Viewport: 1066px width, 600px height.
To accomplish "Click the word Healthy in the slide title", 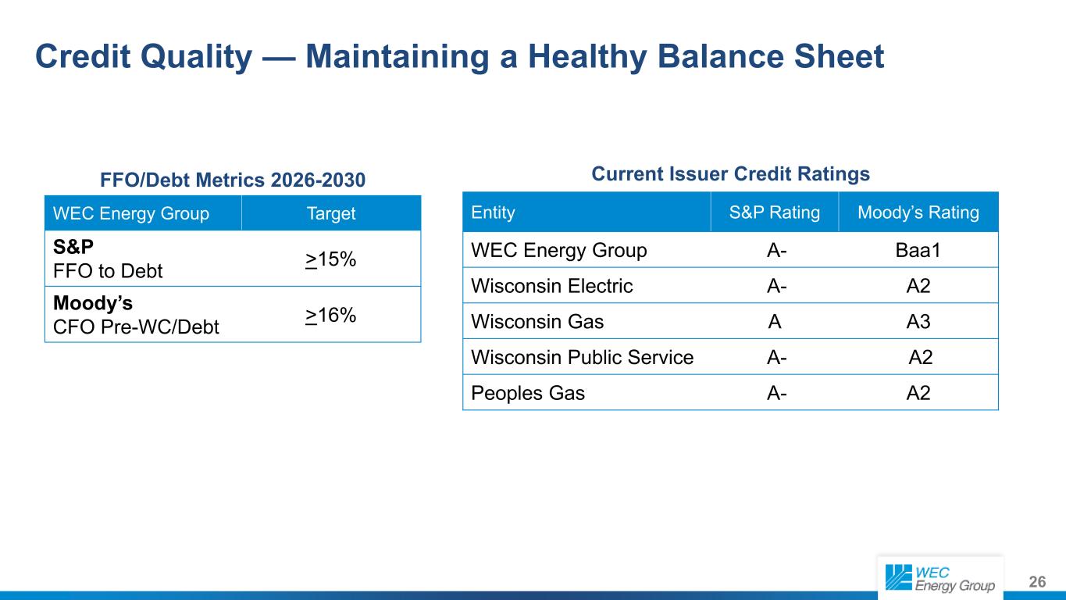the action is point(587,57).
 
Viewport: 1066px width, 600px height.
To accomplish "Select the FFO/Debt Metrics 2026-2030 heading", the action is point(233,180).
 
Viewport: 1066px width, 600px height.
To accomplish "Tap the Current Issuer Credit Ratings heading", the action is point(730,173).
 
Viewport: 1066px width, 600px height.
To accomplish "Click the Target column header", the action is point(331,213).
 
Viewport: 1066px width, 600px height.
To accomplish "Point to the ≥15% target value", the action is point(331,259).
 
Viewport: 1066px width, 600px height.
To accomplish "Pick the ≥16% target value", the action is point(331,316).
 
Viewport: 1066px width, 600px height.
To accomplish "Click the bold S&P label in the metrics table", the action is point(73,247).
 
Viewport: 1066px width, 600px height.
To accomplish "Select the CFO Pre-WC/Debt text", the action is point(136,327).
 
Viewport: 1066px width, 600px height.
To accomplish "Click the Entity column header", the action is point(493,212).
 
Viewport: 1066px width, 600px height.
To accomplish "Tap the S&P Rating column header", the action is point(775,212).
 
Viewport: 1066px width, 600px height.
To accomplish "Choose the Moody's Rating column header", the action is point(918,212).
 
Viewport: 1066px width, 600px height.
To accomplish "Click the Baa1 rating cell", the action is point(918,251).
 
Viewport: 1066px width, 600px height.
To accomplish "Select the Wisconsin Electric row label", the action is point(552,286).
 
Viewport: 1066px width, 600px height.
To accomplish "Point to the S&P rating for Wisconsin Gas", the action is point(775,322).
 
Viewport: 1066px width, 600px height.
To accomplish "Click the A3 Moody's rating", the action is point(918,322).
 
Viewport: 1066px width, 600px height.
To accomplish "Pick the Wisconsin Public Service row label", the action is point(583,358).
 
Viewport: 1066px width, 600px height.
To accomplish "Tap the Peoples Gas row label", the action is point(528,393).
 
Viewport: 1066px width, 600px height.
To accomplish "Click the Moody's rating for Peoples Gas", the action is point(918,393).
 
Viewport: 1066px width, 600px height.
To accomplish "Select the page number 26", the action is point(1037,582).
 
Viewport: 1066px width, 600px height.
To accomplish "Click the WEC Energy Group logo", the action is point(940,578).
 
